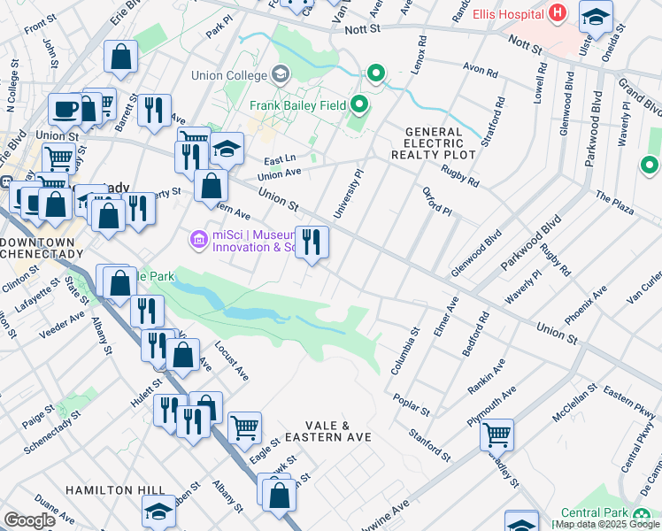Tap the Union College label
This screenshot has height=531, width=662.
(233, 75)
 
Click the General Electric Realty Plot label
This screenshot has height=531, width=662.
(434, 142)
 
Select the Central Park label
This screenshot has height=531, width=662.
(596, 513)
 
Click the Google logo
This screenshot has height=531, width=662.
(29, 520)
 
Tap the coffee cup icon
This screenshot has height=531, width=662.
(65, 109)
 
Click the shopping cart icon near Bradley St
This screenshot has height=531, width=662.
(496, 433)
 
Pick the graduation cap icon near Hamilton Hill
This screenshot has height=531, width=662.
(158, 509)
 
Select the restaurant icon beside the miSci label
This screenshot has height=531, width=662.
(311, 241)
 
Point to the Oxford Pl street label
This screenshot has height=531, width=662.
(436, 202)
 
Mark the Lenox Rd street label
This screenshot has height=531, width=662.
(421, 55)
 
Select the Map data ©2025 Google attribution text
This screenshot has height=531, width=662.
(606, 524)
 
